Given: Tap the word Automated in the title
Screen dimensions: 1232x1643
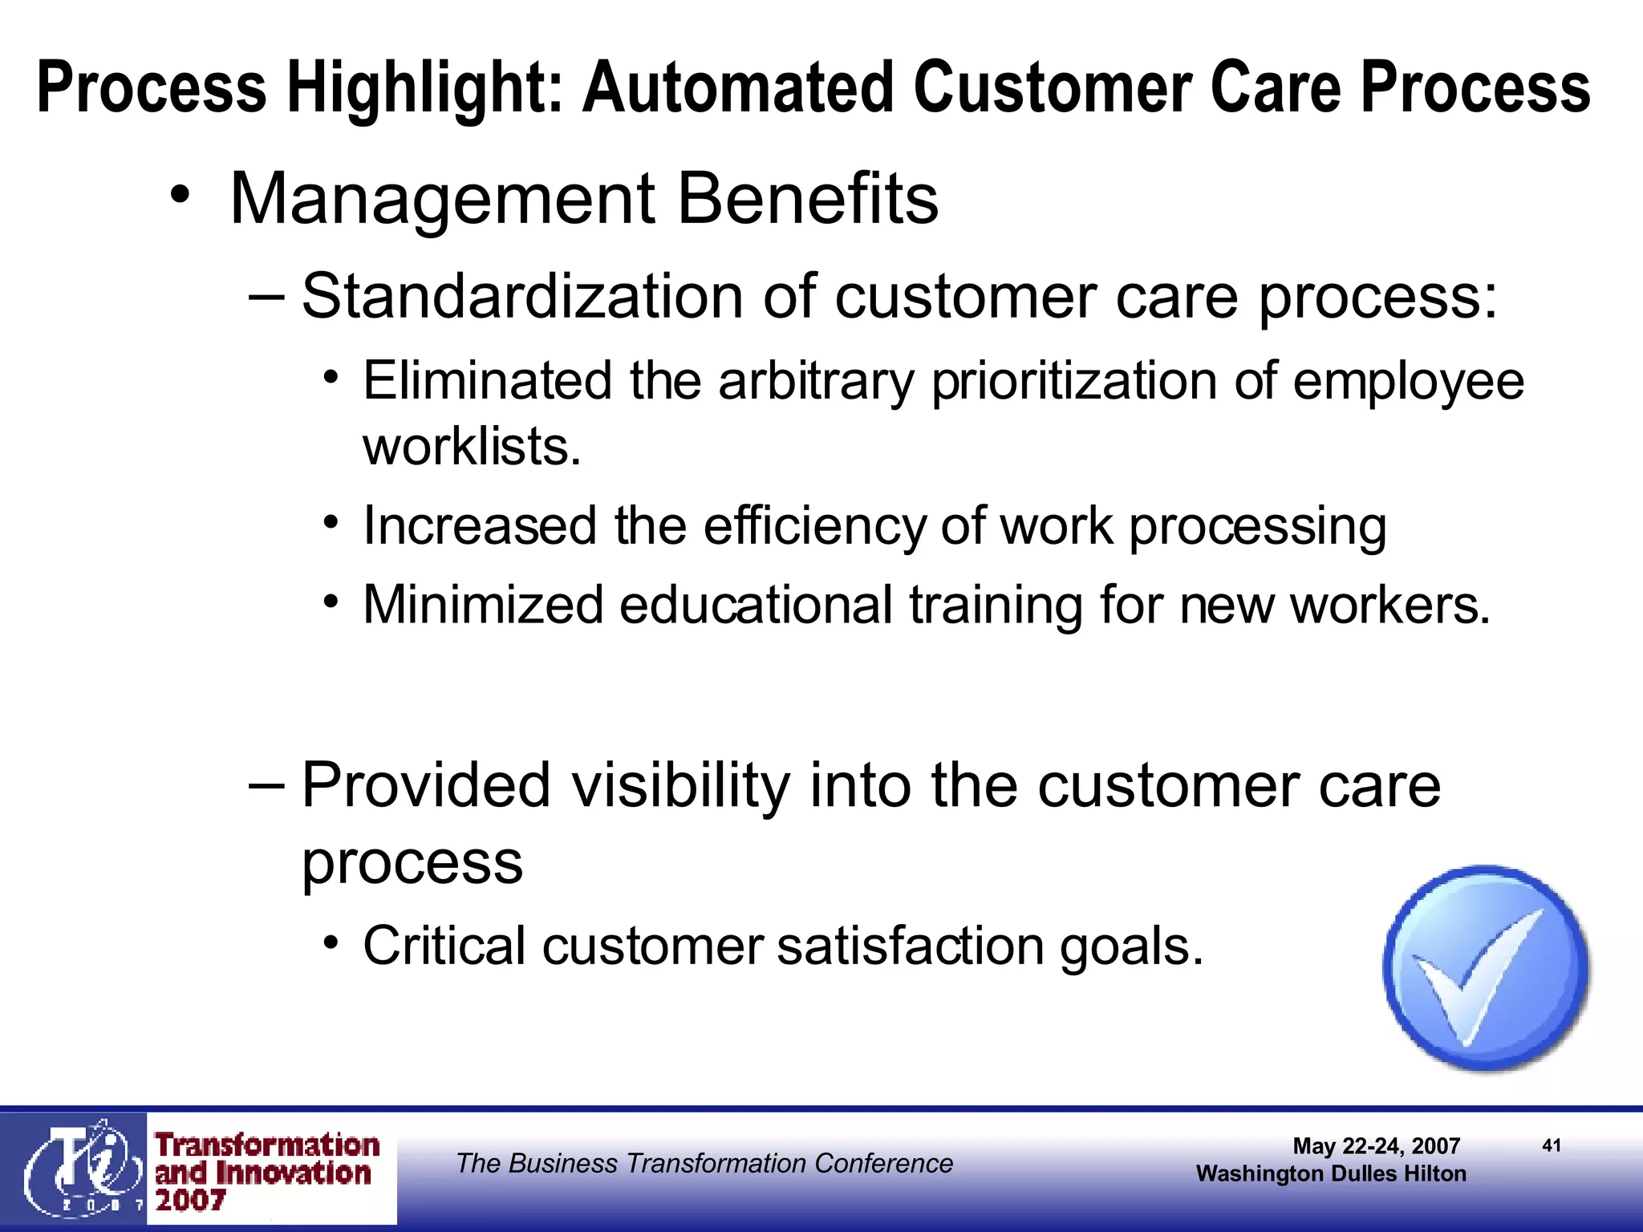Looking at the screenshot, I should tap(737, 87).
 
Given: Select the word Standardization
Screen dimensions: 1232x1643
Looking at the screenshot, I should tap(523, 297).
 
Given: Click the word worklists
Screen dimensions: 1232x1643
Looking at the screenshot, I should tap(472, 447).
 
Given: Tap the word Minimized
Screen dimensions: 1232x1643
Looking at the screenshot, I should tap(482, 605).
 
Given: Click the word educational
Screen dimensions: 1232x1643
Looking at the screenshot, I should tap(755, 605).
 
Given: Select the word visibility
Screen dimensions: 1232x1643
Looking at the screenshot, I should tap(680, 785).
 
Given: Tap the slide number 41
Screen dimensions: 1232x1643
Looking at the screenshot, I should tap(1552, 1145).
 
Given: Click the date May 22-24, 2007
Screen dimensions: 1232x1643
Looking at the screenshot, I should tap(1376, 1146).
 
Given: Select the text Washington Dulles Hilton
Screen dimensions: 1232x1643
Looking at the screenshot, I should tap(1331, 1174).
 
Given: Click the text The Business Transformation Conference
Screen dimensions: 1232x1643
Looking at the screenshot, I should tap(704, 1164).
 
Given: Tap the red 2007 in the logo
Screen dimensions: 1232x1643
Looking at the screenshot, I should tap(190, 1201).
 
